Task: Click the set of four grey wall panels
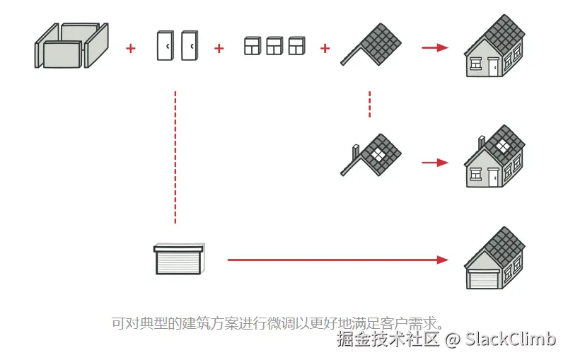[71, 45]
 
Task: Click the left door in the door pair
[166, 45]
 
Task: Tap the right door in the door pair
[190, 45]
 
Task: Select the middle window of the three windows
[274, 46]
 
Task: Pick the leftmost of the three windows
[253, 46]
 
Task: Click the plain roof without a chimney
[371, 44]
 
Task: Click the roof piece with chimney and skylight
[371, 155]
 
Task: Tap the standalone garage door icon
[179, 259]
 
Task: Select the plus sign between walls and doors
[131, 48]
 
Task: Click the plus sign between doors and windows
[219, 48]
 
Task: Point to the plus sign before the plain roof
[325, 48]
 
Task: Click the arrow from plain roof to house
[435, 47]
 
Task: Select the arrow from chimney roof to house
[435, 163]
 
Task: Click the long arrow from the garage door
[338, 260]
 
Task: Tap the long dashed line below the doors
[175, 158]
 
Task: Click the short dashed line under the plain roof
[369, 104]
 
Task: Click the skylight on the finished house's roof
[502, 146]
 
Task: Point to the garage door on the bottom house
[483, 279]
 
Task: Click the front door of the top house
[494, 67]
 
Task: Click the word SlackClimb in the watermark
[511, 339]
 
